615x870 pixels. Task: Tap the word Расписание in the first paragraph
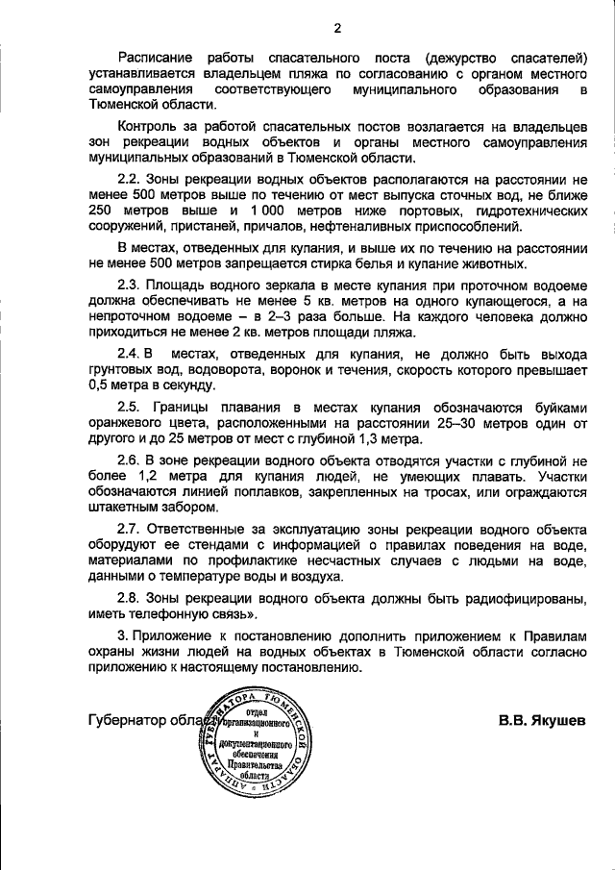(x=155, y=57)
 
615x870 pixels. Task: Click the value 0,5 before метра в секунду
(x=99, y=385)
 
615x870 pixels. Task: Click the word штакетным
(x=124, y=508)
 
